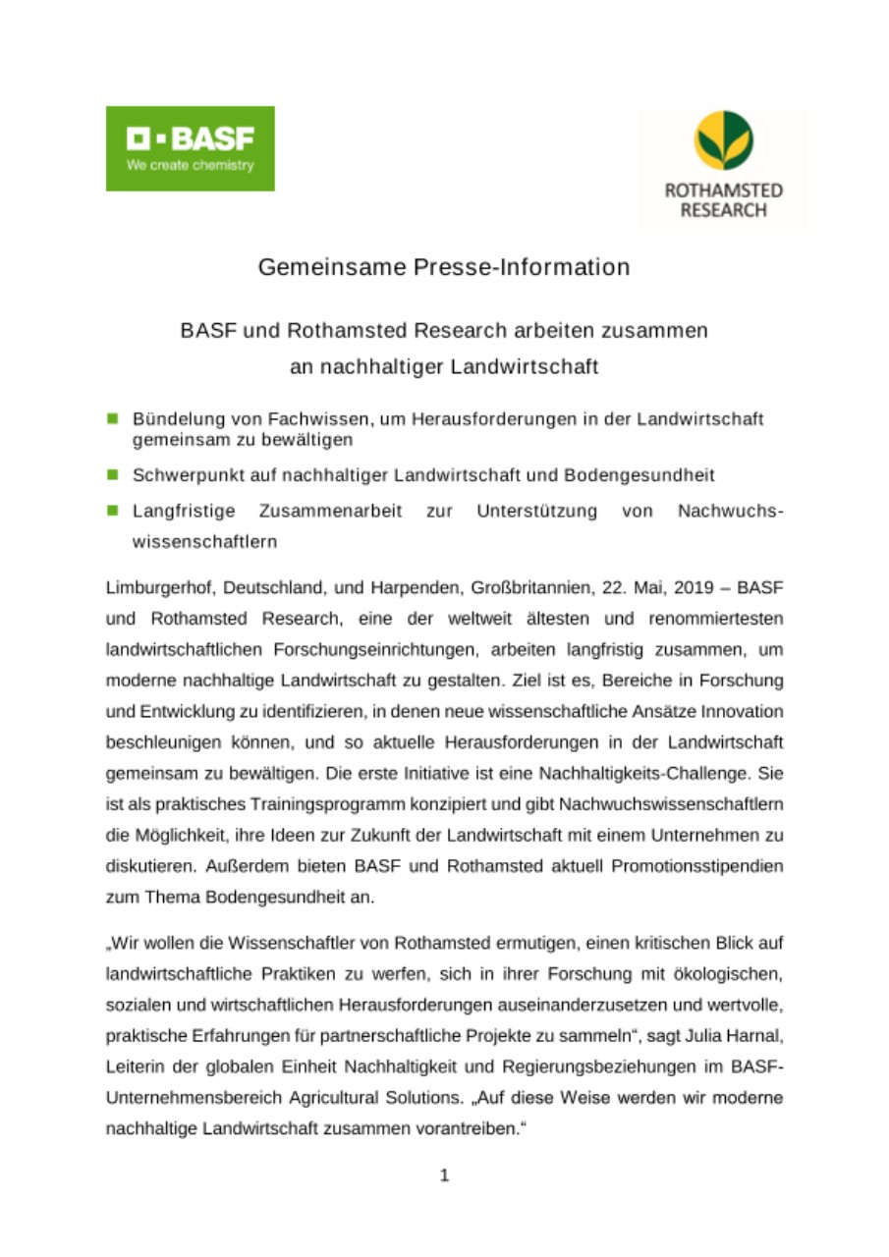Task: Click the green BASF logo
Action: point(190,148)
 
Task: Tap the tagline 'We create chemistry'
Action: point(190,165)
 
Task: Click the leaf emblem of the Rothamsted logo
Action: point(723,140)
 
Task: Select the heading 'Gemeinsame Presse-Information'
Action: point(444,267)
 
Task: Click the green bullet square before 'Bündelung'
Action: point(113,418)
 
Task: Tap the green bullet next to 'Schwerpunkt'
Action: point(113,475)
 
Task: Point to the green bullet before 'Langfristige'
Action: point(113,511)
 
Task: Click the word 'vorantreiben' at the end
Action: point(462,1127)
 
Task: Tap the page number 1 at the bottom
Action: point(444,1175)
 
